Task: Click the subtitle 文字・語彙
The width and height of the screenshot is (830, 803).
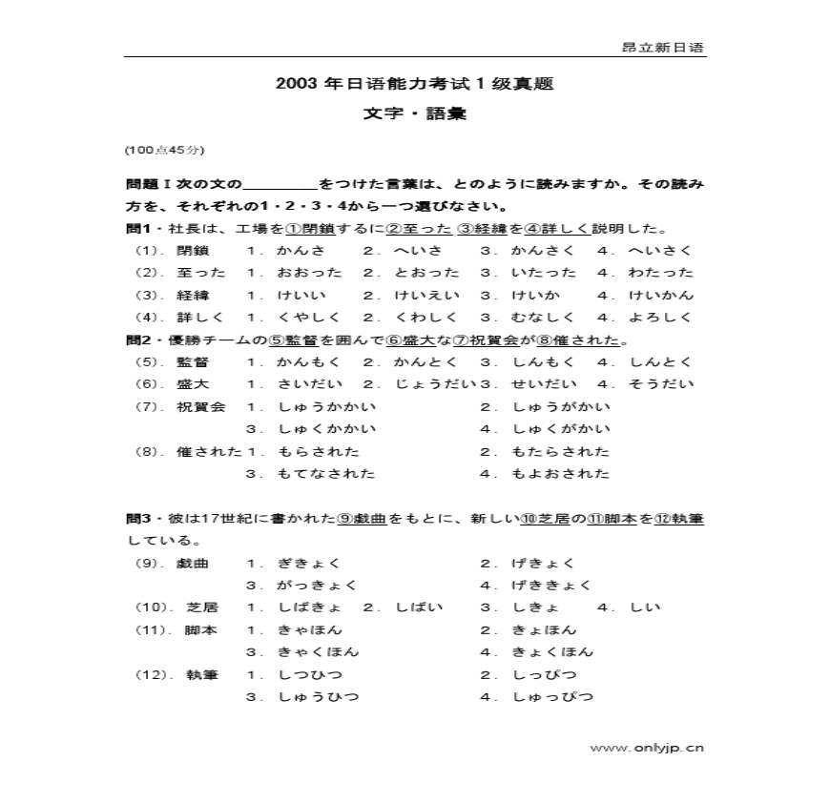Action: [x=414, y=113]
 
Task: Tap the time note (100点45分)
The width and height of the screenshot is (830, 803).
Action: [x=163, y=150]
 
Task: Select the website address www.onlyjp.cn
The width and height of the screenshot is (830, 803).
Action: [x=646, y=748]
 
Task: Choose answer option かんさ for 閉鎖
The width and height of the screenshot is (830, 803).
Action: [x=301, y=251]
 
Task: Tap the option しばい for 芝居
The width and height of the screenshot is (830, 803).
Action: [x=414, y=607]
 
